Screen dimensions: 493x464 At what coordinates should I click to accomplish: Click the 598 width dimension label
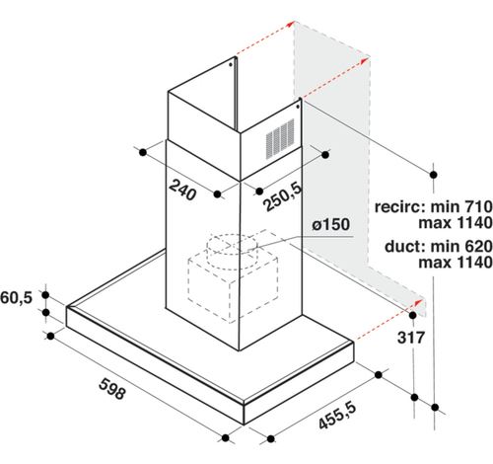pos(112,389)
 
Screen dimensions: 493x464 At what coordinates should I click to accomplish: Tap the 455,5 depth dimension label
pos(337,417)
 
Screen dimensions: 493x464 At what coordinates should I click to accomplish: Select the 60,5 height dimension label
pos(16,298)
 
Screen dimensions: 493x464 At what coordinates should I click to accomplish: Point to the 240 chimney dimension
pos(182,190)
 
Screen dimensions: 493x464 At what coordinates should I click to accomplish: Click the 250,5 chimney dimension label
pos(282,196)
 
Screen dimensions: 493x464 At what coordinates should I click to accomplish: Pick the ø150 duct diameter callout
pos(331,225)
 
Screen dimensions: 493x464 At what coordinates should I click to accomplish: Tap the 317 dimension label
pos(411,338)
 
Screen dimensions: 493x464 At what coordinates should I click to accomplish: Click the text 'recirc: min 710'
pos(434,207)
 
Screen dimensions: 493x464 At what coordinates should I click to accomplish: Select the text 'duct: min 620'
pos(439,246)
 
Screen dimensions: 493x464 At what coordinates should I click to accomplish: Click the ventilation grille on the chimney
pos(280,138)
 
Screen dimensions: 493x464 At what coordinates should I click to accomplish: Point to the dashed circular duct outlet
pos(232,248)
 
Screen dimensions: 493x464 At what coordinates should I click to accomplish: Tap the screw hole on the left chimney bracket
pos(231,64)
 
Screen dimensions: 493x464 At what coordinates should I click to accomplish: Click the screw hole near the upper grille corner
pos(298,107)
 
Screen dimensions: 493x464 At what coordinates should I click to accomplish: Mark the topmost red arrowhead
pos(291,24)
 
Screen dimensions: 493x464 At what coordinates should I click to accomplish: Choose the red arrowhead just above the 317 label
pos(418,302)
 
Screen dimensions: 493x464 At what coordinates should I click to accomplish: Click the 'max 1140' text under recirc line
pos(456,223)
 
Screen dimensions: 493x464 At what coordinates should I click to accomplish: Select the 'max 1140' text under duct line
pos(456,263)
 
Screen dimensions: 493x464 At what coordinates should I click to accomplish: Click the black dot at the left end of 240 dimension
pos(143,152)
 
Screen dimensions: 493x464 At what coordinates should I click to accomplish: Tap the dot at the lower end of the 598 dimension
pos(226,438)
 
